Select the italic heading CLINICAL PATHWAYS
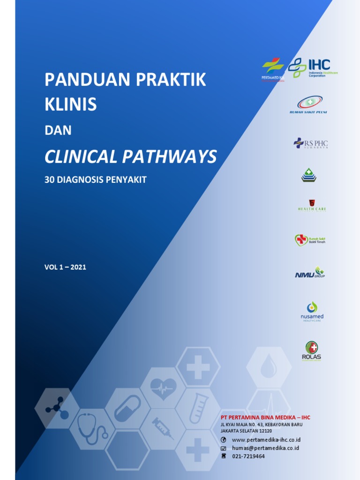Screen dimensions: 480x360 coord(130,157)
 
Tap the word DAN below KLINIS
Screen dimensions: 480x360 coord(58,130)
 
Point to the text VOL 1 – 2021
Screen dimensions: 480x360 coord(65,267)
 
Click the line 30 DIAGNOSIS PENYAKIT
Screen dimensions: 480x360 coord(95,180)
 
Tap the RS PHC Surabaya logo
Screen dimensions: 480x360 coord(310,143)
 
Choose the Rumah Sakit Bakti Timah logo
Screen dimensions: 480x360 coord(309,240)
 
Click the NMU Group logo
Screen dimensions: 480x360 coord(309,272)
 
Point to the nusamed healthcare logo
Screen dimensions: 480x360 coord(312,312)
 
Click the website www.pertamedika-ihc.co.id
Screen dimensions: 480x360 coord(266,440)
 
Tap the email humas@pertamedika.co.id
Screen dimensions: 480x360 coord(265,448)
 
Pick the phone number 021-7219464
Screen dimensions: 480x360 coord(248,456)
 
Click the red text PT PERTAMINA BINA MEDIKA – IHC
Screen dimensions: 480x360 coord(265,417)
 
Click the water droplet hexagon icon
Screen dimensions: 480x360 coord(269,367)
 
